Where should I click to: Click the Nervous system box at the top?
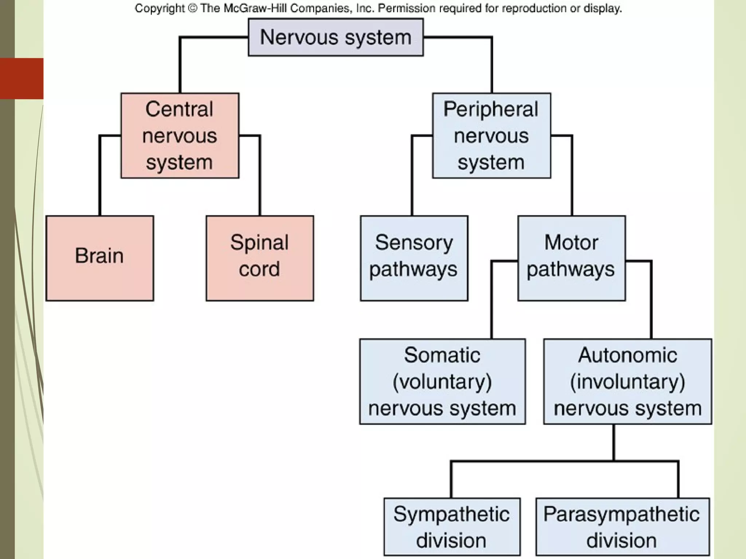coord(335,37)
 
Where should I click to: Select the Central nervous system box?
coord(180,135)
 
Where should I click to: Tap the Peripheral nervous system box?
coord(491,135)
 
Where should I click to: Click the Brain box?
coord(99,258)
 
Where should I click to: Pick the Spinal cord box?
coord(259,258)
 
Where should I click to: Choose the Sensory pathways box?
coord(414,258)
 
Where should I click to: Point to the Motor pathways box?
coord(571,258)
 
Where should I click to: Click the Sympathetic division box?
coord(452,527)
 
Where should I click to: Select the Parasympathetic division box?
coord(622,527)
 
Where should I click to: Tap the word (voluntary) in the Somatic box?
coord(442,382)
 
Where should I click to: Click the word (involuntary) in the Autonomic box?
coord(627,382)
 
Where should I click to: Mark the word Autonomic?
coord(627,355)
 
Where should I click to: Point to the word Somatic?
coord(442,355)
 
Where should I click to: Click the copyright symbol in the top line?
coord(193,8)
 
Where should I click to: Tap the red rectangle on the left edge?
coord(21,78)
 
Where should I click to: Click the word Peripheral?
coord(491,109)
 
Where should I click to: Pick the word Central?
coord(179,109)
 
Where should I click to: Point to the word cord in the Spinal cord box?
coord(259,269)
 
